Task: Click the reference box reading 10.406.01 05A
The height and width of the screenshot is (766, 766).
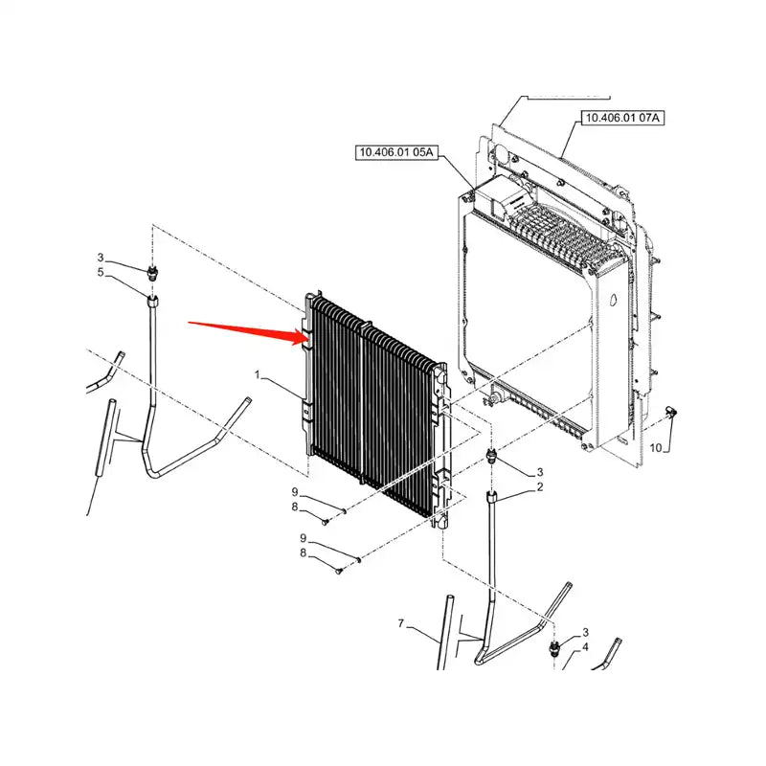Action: (x=396, y=152)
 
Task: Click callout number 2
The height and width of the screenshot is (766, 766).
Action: (x=539, y=488)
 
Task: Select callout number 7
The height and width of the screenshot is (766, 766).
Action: (x=402, y=624)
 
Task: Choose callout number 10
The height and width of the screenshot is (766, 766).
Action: (x=655, y=447)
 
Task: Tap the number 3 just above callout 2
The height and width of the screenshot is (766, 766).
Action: (x=539, y=472)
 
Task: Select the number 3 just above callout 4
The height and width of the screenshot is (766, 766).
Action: (x=585, y=633)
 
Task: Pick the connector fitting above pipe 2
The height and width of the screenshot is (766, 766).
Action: (x=492, y=455)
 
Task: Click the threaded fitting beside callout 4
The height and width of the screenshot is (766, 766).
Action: (x=554, y=650)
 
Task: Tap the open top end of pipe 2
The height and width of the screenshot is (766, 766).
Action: (x=494, y=495)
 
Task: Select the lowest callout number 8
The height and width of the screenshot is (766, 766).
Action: (x=304, y=552)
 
